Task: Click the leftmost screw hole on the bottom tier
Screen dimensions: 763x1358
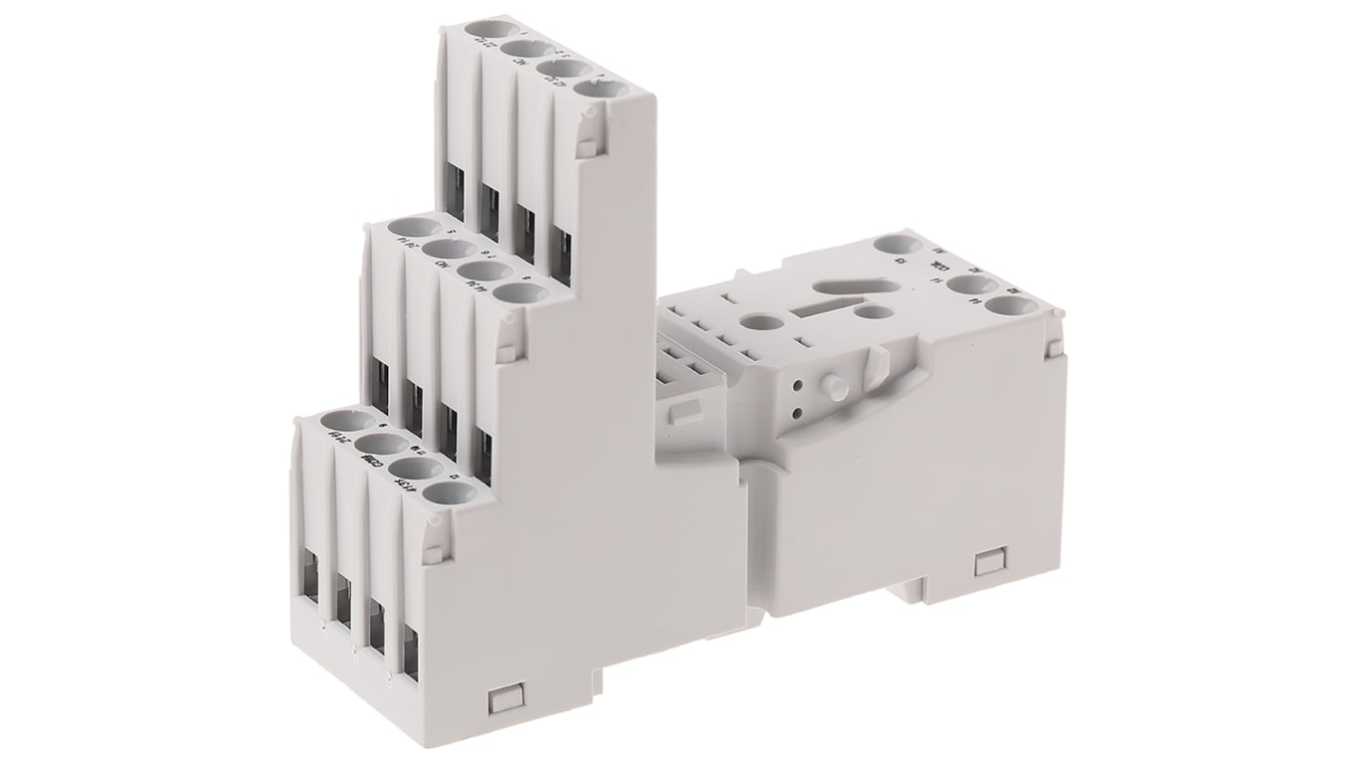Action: (x=339, y=421)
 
